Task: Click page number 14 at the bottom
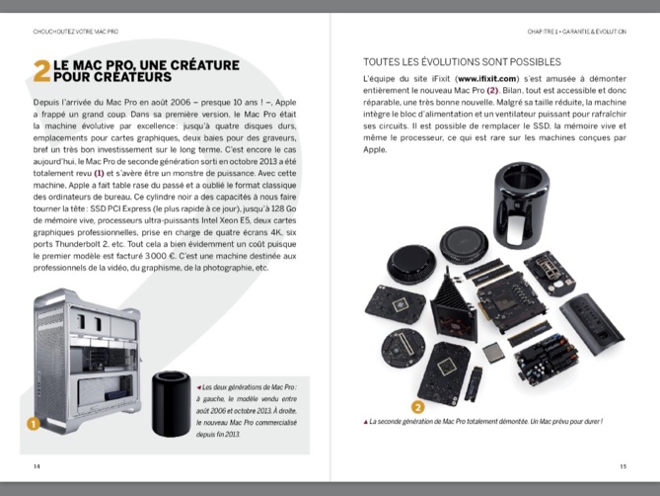point(37,466)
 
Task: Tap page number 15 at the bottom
point(623,466)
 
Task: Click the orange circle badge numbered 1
point(34,424)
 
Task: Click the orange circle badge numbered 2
point(417,405)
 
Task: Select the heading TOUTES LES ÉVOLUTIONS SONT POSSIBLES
point(462,60)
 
